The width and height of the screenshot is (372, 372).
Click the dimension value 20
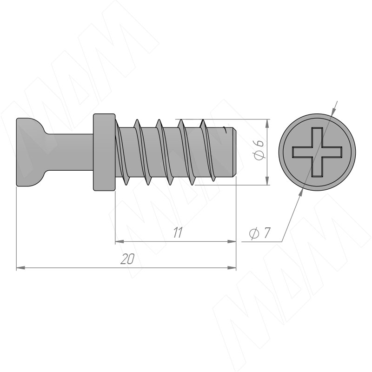coord(127,259)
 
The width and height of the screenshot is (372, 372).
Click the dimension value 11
coord(178,232)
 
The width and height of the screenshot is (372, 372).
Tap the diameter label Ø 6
coord(259,150)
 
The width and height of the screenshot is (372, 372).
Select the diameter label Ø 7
coord(260,232)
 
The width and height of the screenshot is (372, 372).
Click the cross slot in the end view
coord(317,152)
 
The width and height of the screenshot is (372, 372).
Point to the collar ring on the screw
coord(104,152)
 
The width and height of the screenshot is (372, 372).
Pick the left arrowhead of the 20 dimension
coord(20,268)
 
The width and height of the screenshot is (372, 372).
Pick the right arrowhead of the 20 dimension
coord(232,268)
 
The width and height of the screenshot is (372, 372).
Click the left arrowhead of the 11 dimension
coord(120,241)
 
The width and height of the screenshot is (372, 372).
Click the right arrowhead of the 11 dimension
coord(232,241)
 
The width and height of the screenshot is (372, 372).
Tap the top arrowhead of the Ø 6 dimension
coord(267,123)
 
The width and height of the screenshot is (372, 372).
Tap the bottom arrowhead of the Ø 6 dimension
coord(267,180)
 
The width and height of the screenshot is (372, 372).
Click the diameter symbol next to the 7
coord(253,233)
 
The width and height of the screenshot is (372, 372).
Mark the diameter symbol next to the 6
coord(259,156)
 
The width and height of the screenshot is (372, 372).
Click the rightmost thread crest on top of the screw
coord(203,120)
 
